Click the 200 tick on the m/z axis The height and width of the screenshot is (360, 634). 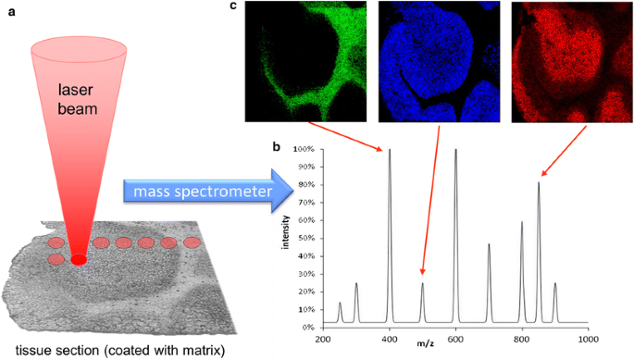click(x=323, y=340)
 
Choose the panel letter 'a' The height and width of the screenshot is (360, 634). click(x=8, y=9)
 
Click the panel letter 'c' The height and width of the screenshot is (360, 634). click(x=233, y=7)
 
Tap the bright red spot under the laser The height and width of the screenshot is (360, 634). click(x=79, y=259)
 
